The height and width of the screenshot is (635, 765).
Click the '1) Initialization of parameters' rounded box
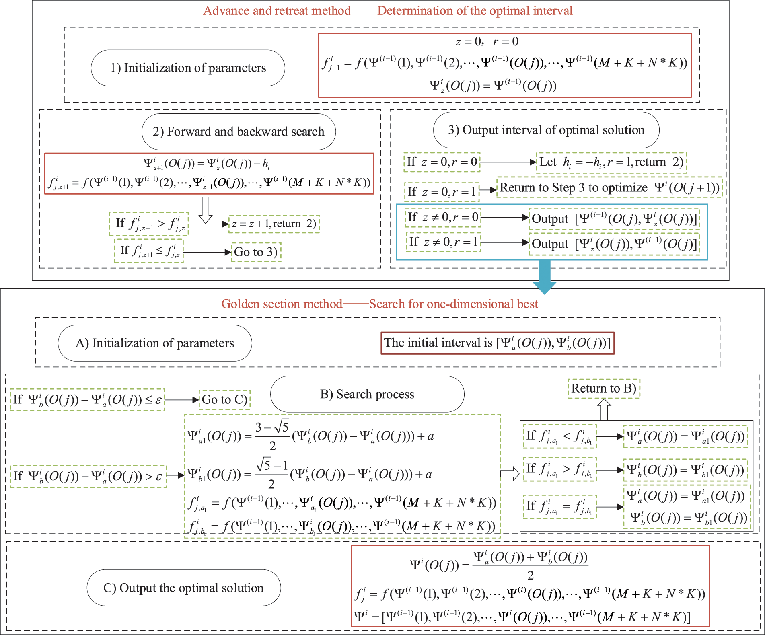coord(188,68)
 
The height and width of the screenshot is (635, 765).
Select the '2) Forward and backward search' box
coord(239,132)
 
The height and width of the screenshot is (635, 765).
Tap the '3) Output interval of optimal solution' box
coord(546,130)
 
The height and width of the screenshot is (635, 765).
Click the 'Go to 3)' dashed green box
coord(256,252)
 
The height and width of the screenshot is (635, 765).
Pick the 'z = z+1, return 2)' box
coord(274,224)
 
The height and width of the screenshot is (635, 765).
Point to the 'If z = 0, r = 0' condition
coord(442,162)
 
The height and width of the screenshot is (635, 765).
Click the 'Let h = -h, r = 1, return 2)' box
coord(611,162)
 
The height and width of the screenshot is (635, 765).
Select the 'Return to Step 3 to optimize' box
coord(609,187)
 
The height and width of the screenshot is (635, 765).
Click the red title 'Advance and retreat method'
coord(387,10)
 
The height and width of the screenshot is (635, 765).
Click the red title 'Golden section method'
coord(379,304)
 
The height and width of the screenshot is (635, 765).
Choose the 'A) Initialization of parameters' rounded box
coord(155,343)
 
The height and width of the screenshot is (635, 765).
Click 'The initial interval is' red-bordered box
coord(497,343)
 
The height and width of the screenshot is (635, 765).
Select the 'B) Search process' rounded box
coord(367,394)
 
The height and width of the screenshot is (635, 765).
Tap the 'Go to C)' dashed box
coord(224,399)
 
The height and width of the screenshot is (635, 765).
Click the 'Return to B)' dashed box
coord(603,388)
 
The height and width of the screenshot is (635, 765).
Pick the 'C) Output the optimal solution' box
coord(183,588)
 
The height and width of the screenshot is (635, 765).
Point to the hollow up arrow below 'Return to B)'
coord(604,409)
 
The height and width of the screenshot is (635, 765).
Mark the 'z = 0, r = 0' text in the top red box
coord(486,41)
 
